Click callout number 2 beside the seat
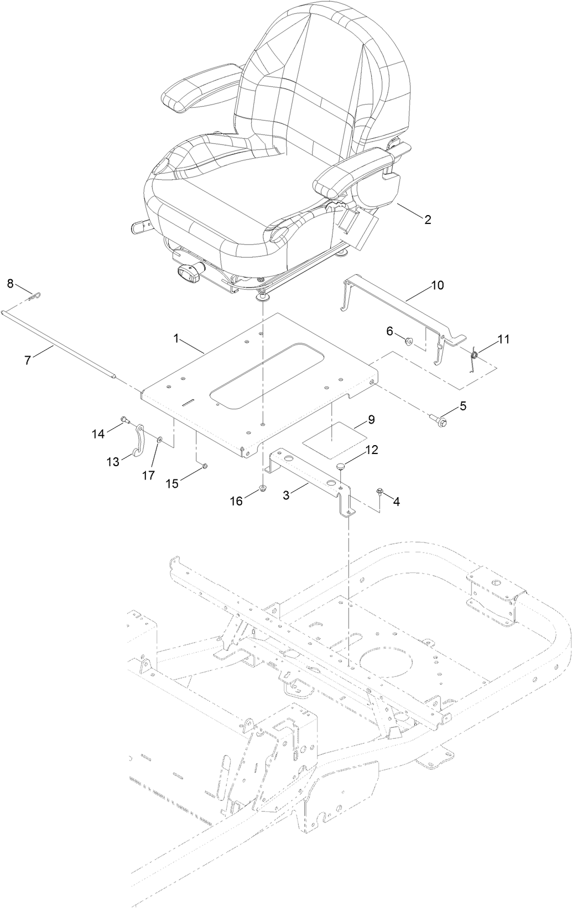coord(428,220)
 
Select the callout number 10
coord(437,285)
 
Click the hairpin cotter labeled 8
coord(34,297)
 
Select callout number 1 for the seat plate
coord(177,339)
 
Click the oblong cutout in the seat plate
coord(260,375)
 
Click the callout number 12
coord(371,450)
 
